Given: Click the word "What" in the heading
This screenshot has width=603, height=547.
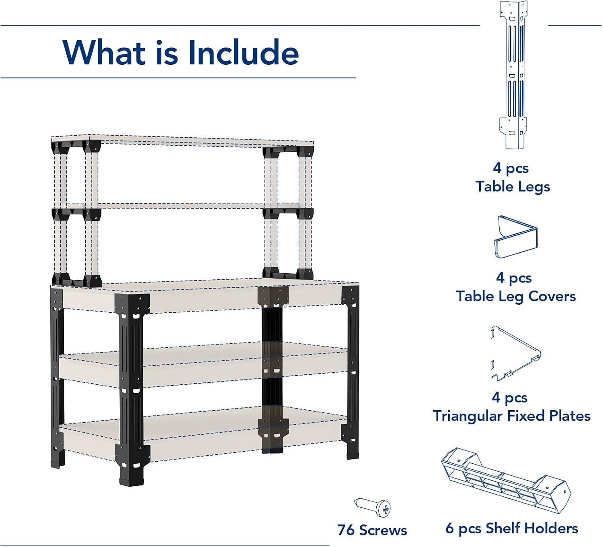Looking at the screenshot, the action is click(103, 53).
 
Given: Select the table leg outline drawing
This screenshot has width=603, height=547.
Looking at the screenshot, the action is click(513, 75).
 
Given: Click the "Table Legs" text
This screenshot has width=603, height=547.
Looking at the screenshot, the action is click(513, 187).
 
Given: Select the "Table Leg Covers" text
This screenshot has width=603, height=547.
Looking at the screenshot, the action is click(516, 297).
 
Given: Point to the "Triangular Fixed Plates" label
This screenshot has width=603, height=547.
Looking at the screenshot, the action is click(512, 416).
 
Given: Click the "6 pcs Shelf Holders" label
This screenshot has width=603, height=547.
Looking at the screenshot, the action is click(512, 528).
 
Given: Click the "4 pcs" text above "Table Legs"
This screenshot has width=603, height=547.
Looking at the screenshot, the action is click(511, 168).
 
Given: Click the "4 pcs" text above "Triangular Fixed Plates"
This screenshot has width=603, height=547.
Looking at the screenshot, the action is click(510, 398).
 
